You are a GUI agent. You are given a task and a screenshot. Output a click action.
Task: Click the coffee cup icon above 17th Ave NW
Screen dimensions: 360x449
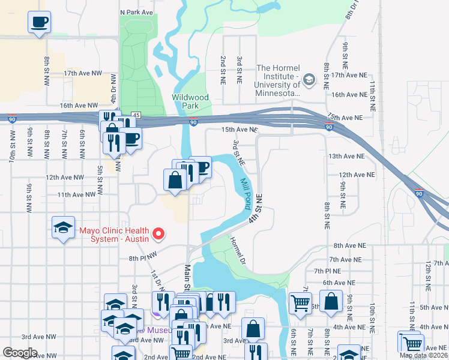point(40,23)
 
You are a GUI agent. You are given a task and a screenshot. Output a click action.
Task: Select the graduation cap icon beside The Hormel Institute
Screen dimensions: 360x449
point(309,79)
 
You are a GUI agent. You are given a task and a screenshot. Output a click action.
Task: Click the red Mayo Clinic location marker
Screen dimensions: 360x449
point(158,233)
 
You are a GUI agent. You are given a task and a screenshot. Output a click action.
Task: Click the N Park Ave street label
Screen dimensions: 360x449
point(136,12)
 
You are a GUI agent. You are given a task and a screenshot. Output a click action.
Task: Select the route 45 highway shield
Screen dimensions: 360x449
point(136,115)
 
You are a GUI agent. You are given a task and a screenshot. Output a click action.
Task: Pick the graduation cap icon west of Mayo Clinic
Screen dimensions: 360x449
point(63,228)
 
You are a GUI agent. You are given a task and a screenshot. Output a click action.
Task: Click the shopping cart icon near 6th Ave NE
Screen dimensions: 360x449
point(300,302)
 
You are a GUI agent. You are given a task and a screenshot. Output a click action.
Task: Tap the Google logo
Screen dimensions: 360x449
point(20,353)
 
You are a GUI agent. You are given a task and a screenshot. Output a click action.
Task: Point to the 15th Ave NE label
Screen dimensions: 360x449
point(239,130)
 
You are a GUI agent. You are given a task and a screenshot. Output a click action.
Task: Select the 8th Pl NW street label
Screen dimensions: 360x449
point(142,259)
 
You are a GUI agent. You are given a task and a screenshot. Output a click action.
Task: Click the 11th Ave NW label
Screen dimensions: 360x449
point(76,194)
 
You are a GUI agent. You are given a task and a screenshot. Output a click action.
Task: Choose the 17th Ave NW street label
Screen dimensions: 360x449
point(83,73)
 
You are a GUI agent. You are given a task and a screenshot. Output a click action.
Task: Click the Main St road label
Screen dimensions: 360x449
point(187,278)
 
